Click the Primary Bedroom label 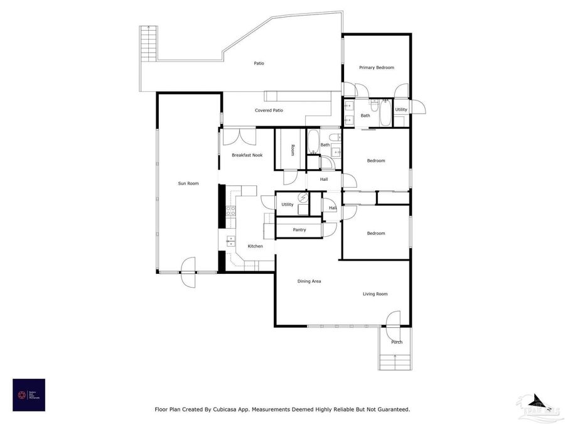pyautogui.click(x=376, y=67)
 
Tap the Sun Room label pyautogui.click(x=188, y=183)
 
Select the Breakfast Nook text pyautogui.click(x=247, y=155)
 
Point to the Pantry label pyautogui.click(x=299, y=230)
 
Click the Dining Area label pyautogui.click(x=309, y=281)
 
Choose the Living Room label pyautogui.click(x=375, y=294)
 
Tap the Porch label pyautogui.click(x=397, y=342)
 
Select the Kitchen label pyautogui.click(x=255, y=246)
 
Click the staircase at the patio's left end pyautogui.click(x=148, y=43)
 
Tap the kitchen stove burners pyautogui.click(x=230, y=211)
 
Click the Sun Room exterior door pyautogui.click(x=187, y=268)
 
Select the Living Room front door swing pyautogui.click(x=393, y=320)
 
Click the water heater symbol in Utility pyautogui.click(x=303, y=198)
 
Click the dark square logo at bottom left pyautogui.click(x=29, y=394)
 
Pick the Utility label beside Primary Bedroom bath pyautogui.click(x=401, y=110)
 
